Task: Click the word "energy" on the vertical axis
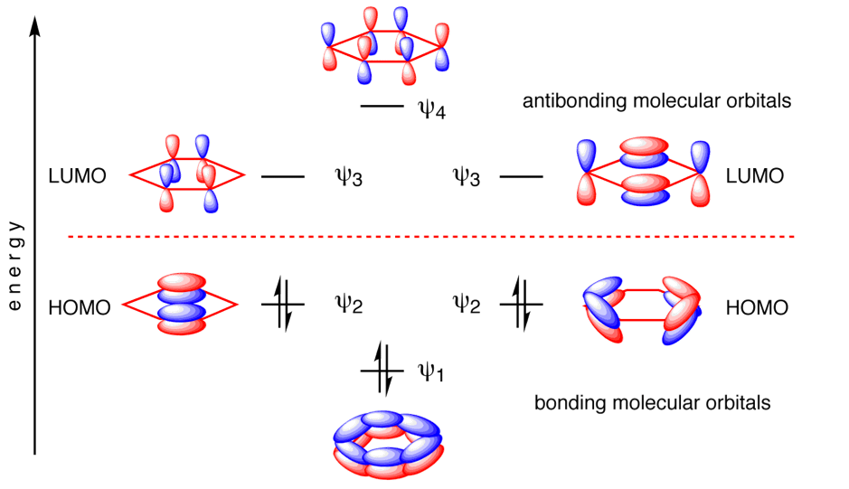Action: point(14,267)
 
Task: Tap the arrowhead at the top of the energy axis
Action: point(34,24)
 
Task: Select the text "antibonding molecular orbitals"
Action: point(657,100)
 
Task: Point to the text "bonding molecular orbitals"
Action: point(653,402)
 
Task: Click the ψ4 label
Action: point(431,110)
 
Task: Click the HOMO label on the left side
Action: point(80,308)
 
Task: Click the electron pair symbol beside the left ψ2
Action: point(283,304)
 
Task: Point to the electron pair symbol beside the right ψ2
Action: point(521,304)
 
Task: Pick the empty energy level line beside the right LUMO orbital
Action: point(521,178)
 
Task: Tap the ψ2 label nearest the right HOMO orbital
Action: point(466,304)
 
